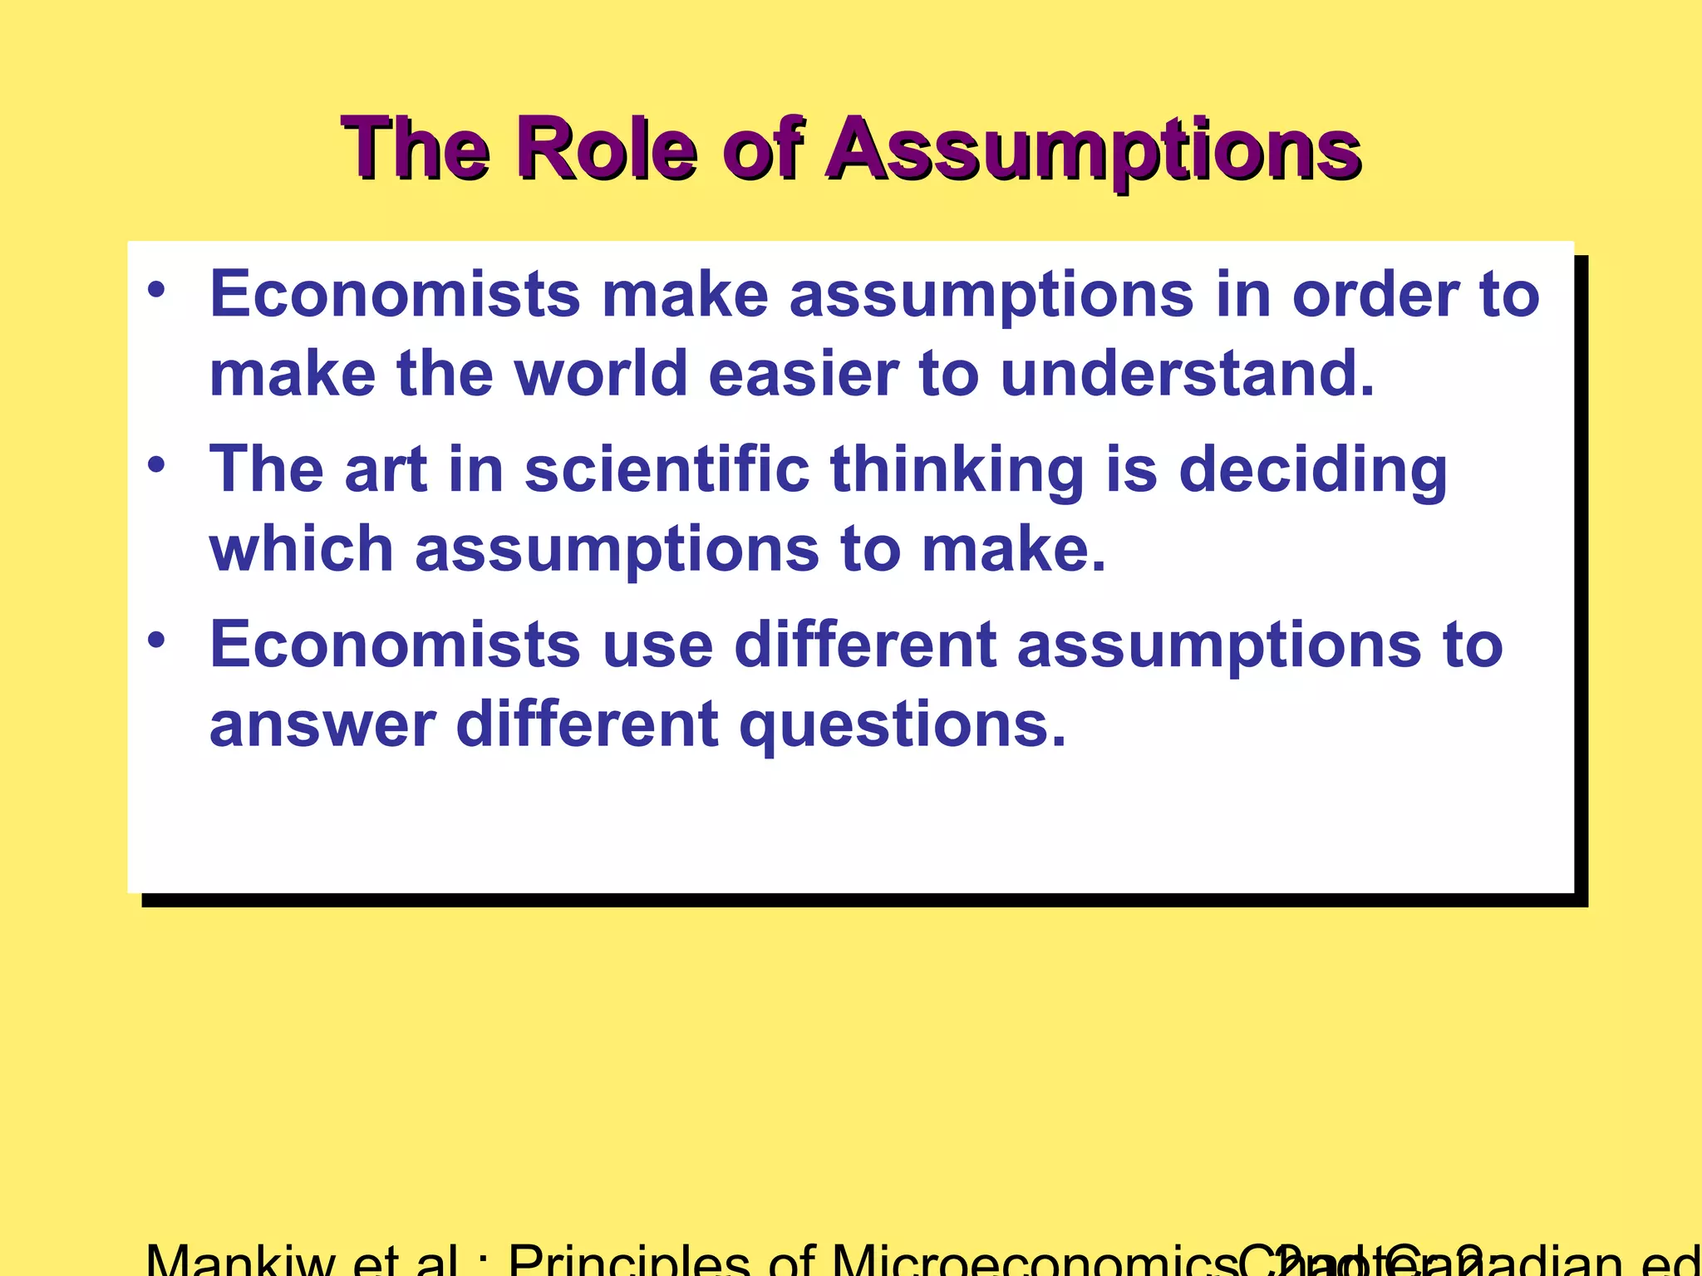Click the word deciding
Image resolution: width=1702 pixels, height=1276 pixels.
click(1313, 470)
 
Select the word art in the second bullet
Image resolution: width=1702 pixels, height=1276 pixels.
click(386, 469)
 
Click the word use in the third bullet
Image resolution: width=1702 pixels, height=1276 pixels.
click(657, 645)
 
